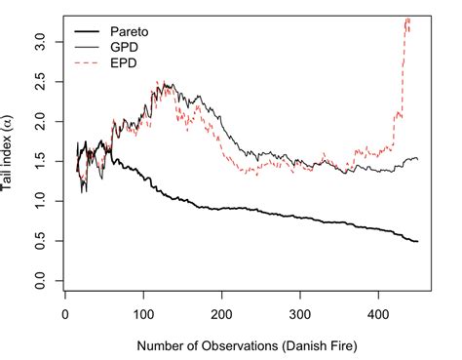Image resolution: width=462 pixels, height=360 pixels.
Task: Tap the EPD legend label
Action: coord(128,61)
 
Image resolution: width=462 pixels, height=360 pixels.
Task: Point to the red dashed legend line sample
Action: coord(87,61)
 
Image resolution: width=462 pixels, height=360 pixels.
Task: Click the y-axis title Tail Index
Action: coord(9,156)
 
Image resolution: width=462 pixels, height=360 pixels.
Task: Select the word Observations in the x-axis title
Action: coord(240,343)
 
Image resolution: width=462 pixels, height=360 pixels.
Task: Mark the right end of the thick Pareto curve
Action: coord(418,241)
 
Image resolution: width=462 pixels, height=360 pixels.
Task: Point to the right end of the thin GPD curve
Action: coord(417,158)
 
